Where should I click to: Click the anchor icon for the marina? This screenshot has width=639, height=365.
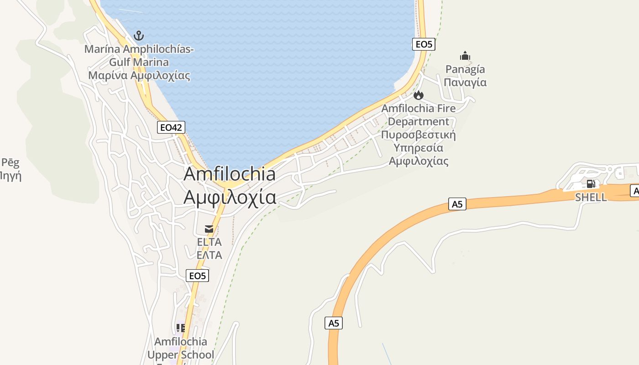click(138, 36)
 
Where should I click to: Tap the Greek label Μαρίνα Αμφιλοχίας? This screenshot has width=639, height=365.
click(139, 76)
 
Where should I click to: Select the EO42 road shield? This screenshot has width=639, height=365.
click(171, 127)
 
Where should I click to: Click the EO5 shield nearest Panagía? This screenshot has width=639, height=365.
click(424, 44)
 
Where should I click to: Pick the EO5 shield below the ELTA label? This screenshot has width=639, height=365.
click(198, 276)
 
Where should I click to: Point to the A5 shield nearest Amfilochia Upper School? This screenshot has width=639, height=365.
click(334, 323)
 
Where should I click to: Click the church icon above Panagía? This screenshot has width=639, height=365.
click(465, 56)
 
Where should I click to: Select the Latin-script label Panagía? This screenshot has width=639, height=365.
click(465, 69)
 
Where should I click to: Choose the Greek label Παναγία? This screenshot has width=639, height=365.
click(465, 83)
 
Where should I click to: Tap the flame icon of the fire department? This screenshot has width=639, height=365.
click(419, 95)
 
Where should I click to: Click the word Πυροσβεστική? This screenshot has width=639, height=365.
click(419, 135)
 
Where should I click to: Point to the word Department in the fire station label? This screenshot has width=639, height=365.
click(419, 122)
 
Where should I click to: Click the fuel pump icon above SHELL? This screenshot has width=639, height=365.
click(591, 184)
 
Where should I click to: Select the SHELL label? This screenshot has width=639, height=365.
click(591, 197)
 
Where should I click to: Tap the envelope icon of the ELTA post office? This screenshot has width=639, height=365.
click(209, 229)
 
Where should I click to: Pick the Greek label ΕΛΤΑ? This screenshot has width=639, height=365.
click(209, 255)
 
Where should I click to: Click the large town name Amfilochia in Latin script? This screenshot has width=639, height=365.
click(230, 174)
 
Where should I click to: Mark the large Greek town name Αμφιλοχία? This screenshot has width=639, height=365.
click(230, 197)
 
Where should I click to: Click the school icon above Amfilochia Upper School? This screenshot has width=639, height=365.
click(181, 328)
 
